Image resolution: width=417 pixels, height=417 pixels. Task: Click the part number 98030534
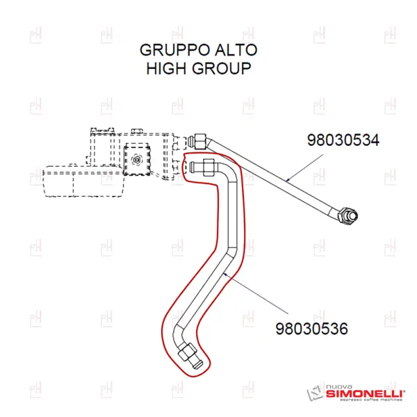pos(343,140)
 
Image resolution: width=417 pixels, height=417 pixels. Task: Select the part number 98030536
pos(311,329)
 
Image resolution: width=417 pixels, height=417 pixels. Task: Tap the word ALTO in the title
pos(236,50)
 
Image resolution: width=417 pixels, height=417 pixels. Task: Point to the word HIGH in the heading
pos(166,68)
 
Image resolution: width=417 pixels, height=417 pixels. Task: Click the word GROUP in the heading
pos(222,68)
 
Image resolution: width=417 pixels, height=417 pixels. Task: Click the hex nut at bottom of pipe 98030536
pos(187,352)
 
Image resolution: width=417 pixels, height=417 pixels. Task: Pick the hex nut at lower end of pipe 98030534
pos(345,215)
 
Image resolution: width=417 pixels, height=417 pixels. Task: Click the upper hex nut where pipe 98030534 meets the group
pos(201,142)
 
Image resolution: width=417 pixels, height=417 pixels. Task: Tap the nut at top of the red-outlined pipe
pos(208,167)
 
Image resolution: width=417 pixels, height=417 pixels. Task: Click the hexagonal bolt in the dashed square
pos(137,160)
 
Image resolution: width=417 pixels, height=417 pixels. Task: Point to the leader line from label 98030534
pos(304,167)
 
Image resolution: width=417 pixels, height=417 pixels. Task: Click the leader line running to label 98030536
pos(256,293)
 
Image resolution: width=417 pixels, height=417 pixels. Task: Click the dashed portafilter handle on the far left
pos(84,181)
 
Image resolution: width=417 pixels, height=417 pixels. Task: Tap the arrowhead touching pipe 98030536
pos(225,275)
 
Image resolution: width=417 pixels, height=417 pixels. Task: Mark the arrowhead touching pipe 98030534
pos(288,180)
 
